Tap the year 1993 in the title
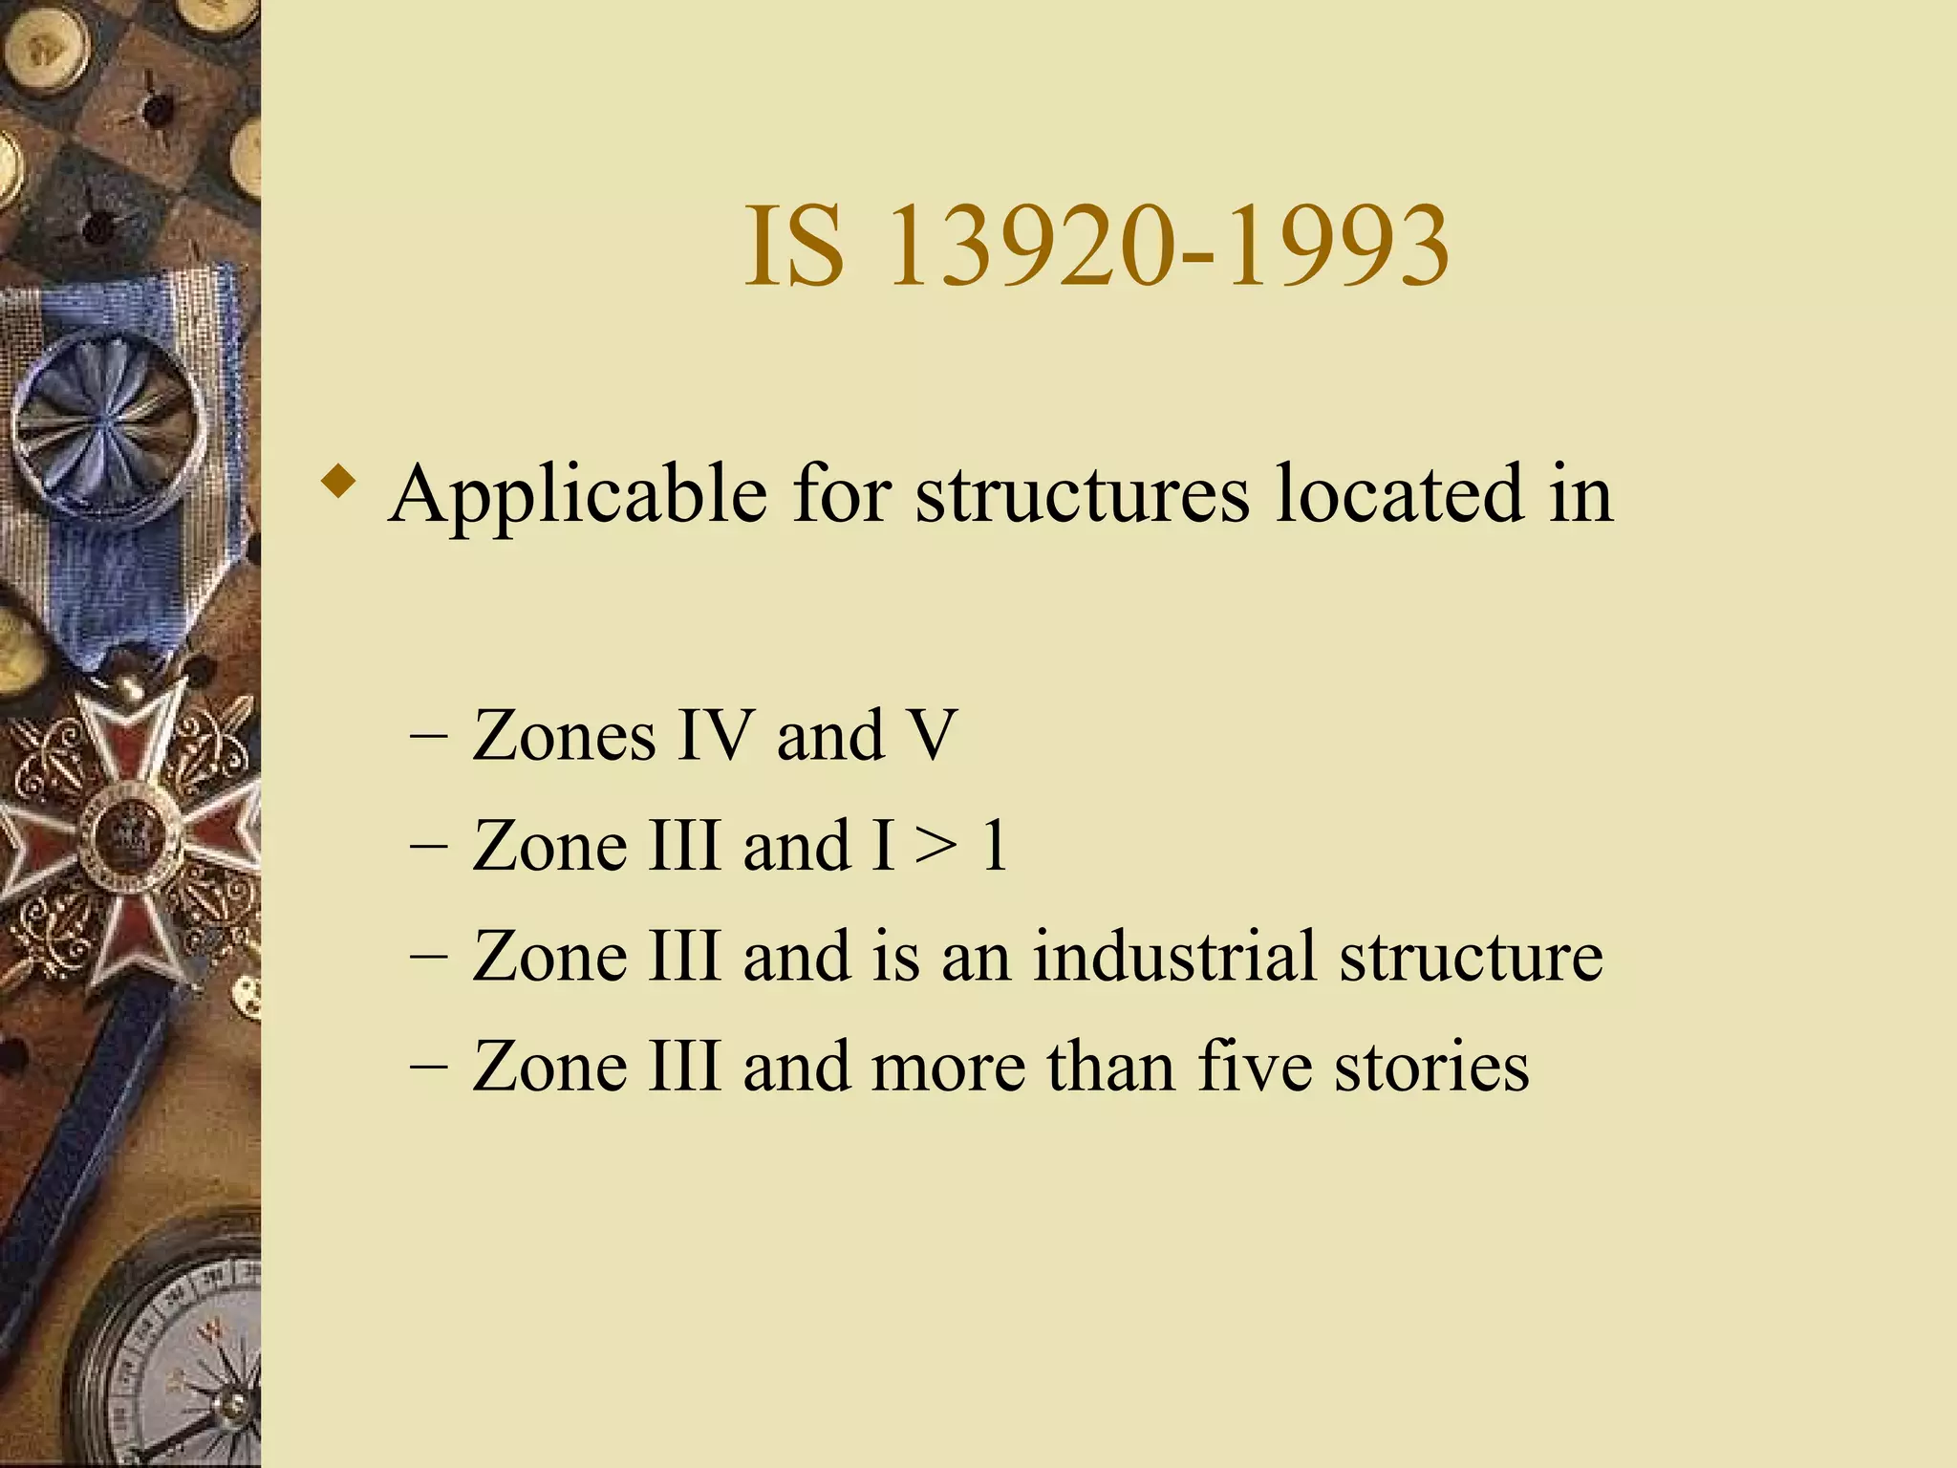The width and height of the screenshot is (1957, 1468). point(1338,247)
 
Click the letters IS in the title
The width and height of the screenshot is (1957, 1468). point(794,247)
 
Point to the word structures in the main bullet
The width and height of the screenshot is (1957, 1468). point(1082,495)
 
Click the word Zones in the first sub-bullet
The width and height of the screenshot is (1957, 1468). point(564,736)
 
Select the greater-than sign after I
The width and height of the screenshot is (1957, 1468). point(935,847)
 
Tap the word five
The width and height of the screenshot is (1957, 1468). point(1255,1066)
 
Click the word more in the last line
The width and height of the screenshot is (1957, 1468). point(948,1068)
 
